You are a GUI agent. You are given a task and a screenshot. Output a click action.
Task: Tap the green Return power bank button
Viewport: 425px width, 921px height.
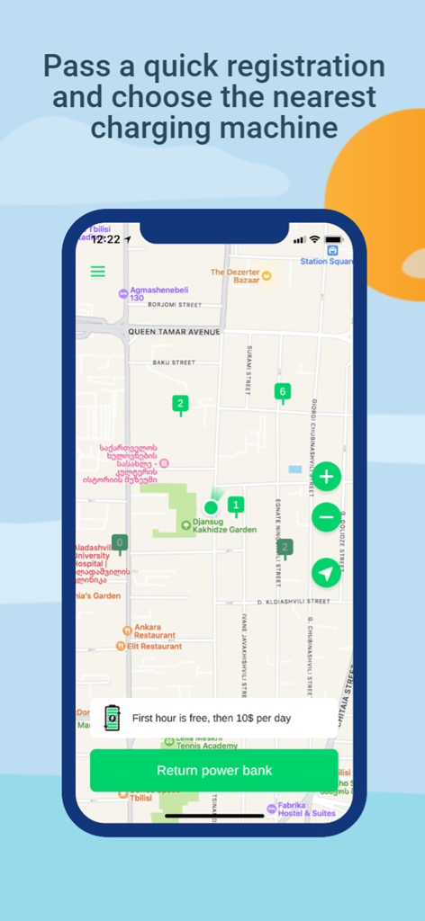(x=214, y=771)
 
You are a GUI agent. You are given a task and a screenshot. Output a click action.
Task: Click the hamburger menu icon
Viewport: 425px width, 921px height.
(x=97, y=271)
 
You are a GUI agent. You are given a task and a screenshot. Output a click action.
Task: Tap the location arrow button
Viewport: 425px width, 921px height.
(x=326, y=573)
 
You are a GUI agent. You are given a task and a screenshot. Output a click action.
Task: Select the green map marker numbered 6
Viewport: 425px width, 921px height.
(x=282, y=392)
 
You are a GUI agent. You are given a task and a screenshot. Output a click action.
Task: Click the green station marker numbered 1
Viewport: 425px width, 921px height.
(x=236, y=506)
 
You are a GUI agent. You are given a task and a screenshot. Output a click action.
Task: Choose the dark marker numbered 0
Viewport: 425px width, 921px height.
(x=120, y=543)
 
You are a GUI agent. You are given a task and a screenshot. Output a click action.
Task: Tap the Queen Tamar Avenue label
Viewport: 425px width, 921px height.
(x=174, y=332)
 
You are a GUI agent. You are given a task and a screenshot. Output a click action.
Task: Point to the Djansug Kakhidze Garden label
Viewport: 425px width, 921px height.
(x=220, y=525)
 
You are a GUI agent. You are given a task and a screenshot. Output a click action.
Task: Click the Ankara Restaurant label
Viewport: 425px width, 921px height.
(x=147, y=630)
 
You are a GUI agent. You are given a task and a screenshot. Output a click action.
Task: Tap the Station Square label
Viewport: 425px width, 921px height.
(x=326, y=262)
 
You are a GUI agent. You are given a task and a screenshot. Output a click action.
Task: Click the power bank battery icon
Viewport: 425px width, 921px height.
(x=112, y=718)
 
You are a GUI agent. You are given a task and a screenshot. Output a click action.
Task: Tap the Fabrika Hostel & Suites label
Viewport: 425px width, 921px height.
(x=306, y=809)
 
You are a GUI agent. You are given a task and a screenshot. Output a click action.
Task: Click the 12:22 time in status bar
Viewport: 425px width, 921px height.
(x=105, y=240)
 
